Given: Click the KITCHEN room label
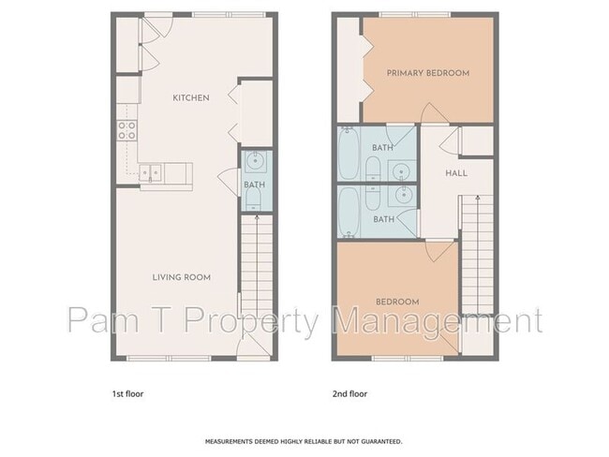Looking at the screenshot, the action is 191,97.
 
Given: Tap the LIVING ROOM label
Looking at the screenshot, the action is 182,277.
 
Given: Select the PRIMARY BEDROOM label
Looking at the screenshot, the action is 428,73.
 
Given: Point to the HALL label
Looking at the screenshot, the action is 456,173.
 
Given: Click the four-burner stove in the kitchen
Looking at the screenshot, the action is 127,130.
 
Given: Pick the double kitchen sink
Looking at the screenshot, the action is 150,172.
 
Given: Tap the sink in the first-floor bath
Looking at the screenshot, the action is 255,162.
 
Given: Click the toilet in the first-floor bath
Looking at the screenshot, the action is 255,200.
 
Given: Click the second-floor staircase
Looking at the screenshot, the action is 477,255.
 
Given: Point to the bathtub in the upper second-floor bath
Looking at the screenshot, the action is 349,153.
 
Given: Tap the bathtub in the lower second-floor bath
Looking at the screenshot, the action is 349,212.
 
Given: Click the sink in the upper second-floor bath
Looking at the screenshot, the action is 402,170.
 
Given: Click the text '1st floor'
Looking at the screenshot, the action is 127,394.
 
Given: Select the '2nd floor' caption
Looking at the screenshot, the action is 349,394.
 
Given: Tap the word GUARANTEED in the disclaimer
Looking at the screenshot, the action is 381,441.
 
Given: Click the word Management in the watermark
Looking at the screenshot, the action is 437,320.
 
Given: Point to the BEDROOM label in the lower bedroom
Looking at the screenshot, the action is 397,302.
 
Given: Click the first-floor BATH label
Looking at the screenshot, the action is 255,184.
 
